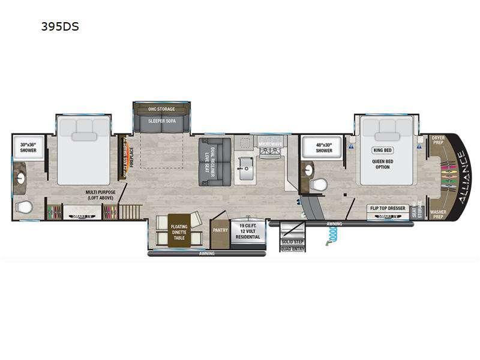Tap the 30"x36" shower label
(x=28, y=148)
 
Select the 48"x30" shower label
(x=324, y=148)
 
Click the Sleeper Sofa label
(x=161, y=124)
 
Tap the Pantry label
(x=219, y=229)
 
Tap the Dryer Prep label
(x=438, y=140)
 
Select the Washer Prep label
(x=438, y=212)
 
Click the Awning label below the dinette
(x=207, y=253)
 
